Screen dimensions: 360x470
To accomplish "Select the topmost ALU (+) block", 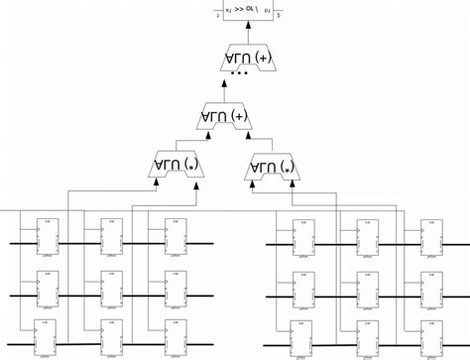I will click(x=250, y=60).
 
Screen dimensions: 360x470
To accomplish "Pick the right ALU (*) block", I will click(x=274, y=165).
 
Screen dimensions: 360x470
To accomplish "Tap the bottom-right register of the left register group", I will click(x=176, y=337).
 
